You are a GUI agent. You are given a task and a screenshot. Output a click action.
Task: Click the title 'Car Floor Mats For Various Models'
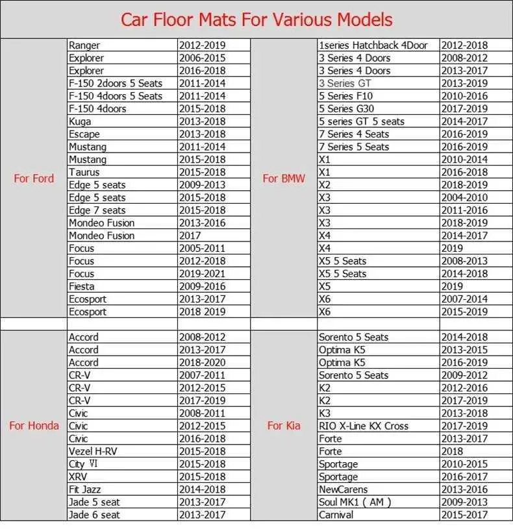point(256,19)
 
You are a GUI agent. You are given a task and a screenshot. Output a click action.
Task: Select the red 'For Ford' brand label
point(34,178)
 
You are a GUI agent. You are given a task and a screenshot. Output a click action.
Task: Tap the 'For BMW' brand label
point(284,178)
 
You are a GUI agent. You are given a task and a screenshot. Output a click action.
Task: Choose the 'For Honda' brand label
point(34,426)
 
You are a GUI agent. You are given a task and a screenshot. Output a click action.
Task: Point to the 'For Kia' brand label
point(284,426)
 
